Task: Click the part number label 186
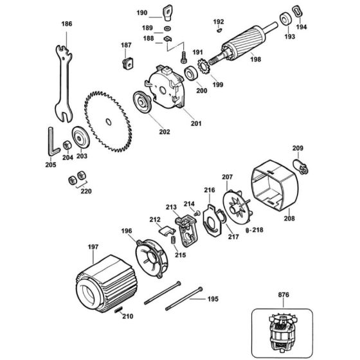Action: tap(67, 24)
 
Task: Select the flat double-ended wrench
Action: tap(64, 83)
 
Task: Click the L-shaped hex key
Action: tap(53, 142)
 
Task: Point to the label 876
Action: tap(283, 294)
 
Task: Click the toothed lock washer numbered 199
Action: tap(203, 66)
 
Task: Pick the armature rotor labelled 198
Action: tap(244, 45)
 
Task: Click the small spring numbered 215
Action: tap(174, 240)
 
